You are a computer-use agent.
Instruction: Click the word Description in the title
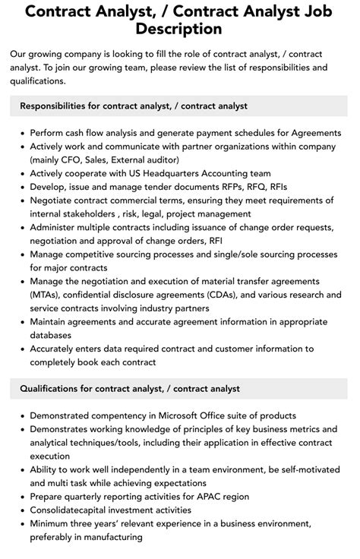[x=179, y=29]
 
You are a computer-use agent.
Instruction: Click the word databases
[x=52, y=335]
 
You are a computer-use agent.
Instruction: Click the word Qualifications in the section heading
[x=51, y=388]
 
